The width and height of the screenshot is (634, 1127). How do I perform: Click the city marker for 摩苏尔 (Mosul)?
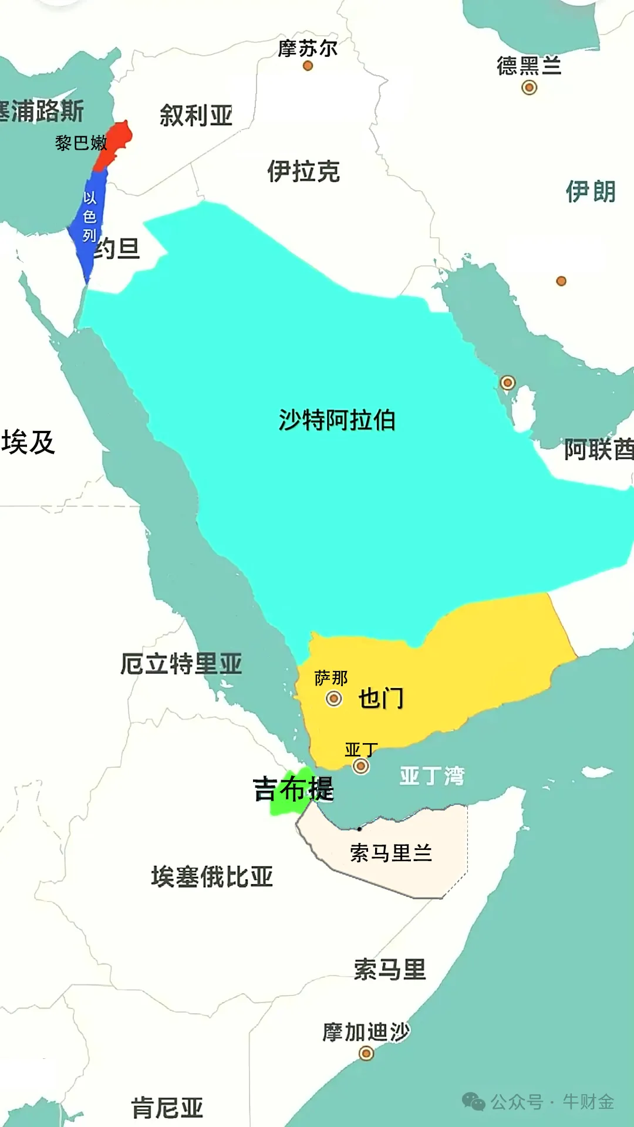308,66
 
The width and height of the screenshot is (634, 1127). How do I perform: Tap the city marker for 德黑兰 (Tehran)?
529,87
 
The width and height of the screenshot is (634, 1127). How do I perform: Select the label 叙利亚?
196,115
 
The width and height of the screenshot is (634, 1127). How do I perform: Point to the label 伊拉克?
303,171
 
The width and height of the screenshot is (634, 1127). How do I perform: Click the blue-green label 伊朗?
591,191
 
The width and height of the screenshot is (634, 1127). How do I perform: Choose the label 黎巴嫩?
81,143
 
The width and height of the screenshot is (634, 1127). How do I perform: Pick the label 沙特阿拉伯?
337,420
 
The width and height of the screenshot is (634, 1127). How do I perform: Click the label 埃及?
28,442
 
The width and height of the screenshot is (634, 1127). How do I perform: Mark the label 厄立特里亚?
181,664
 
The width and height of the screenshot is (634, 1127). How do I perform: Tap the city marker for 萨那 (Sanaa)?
334,699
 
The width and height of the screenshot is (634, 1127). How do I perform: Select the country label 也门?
381,699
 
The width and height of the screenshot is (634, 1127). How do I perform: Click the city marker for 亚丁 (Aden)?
361,766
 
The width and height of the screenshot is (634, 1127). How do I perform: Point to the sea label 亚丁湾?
432,776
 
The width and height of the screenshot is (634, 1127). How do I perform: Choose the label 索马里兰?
391,852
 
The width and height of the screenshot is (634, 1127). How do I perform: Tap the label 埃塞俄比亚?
212,877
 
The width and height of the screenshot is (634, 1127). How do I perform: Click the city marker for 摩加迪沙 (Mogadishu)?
366,1054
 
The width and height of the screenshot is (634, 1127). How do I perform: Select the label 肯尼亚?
167,1108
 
